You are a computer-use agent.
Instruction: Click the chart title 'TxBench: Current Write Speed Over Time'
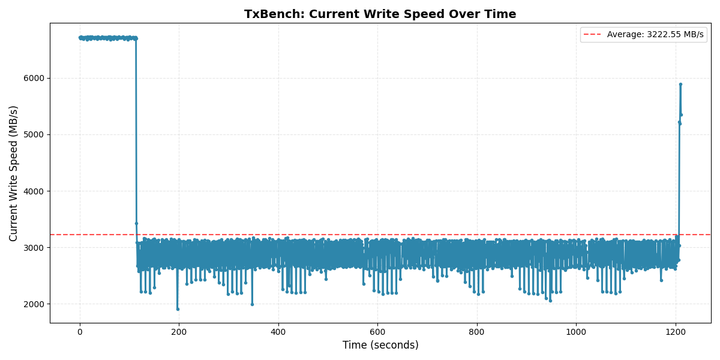tap(380, 14)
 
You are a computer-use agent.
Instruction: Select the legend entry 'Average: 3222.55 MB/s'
tap(655, 35)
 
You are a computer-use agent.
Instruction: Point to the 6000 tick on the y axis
tap(35, 78)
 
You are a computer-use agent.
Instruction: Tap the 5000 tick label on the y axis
tap(35, 134)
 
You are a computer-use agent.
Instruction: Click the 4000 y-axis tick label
tap(35, 191)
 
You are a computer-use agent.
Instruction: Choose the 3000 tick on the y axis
tap(35, 248)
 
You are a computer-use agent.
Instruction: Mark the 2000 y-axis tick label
tap(35, 304)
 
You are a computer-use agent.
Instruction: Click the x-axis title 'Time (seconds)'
tap(380, 345)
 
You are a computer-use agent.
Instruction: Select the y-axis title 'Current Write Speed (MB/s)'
tap(14, 173)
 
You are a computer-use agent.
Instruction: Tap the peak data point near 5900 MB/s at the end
tap(680, 84)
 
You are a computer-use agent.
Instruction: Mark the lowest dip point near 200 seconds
tap(178, 309)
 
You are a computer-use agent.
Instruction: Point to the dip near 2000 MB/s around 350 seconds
tap(252, 304)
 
